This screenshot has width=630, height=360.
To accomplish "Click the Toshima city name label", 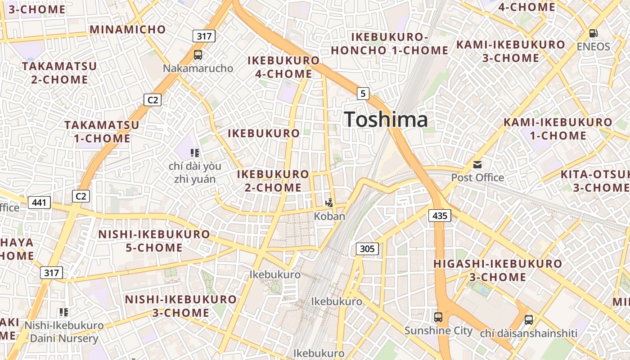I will pos(386,120).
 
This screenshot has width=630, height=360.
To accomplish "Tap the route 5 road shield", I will pos(363,94).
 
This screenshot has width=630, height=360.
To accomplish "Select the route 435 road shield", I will pos(439,216).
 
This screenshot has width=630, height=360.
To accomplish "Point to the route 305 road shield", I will pos(367,248).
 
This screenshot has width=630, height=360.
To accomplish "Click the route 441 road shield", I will pos(39,202).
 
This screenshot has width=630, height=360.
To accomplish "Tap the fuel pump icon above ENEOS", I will pos(594,33).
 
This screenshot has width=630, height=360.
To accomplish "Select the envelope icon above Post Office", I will pos(477,165).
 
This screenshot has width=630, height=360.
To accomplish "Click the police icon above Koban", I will pos(330,203).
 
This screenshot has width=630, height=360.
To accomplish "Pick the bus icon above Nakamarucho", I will pos(198,55).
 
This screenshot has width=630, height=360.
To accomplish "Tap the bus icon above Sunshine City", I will pos(438,317).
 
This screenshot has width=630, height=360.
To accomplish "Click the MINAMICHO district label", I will pos(128,30).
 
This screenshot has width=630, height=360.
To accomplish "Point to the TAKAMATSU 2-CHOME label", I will pos(59,73).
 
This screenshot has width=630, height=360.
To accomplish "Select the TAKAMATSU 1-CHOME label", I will pos(102,131).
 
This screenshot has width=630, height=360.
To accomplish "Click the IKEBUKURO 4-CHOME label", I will pos(283,67).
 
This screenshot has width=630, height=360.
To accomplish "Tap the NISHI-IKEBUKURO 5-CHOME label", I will pos(154,241).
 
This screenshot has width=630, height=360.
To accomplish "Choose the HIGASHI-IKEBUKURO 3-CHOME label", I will pos(498,270).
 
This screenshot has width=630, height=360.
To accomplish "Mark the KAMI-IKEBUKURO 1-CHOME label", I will pos(558,129).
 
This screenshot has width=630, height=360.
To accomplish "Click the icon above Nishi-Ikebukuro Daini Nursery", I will pos(64,312).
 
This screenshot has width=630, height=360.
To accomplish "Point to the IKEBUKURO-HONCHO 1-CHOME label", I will pos(390,44).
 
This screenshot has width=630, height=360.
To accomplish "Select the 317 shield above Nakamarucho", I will pos(204,36).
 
